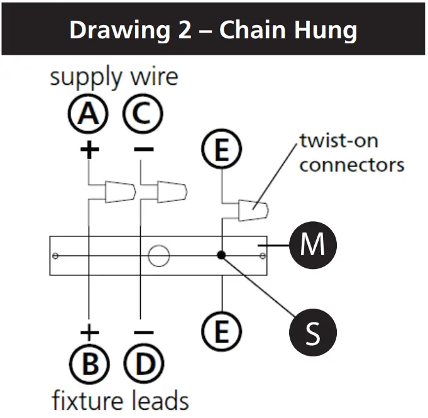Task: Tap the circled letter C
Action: tap(143, 116)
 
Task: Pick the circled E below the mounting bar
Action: tap(220, 330)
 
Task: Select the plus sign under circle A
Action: tap(89, 150)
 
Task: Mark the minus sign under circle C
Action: tap(143, 150)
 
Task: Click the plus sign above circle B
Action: tap(89, 331)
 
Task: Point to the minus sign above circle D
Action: tap(143, 331)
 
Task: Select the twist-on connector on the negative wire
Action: tap(171, 192)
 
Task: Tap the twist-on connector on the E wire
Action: tap(253, 210)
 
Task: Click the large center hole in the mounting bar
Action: tap(159, 255)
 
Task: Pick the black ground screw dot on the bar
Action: tap(221, 255)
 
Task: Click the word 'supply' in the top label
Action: tap(85, 78)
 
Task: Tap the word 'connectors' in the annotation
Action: tap(351, 165)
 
